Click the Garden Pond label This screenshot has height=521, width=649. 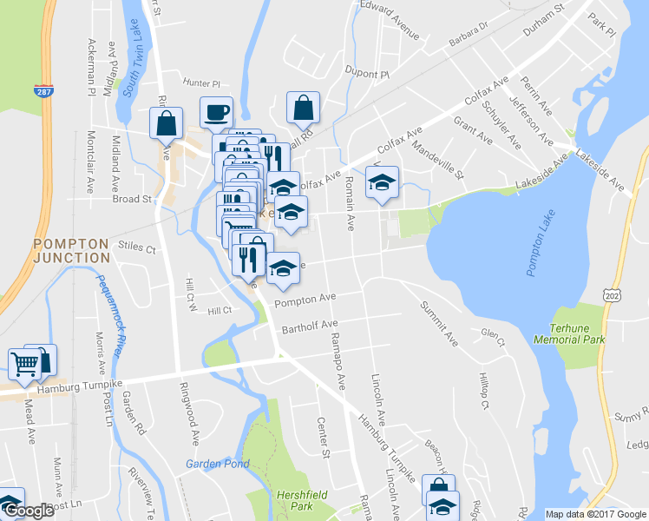(217, 464)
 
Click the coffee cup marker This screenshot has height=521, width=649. (216, 112)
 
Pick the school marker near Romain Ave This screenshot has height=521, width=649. (381, 182)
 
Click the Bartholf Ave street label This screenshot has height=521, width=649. (309, 326)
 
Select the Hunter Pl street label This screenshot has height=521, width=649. (200, 83)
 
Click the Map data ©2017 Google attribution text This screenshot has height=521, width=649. (594, 514)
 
